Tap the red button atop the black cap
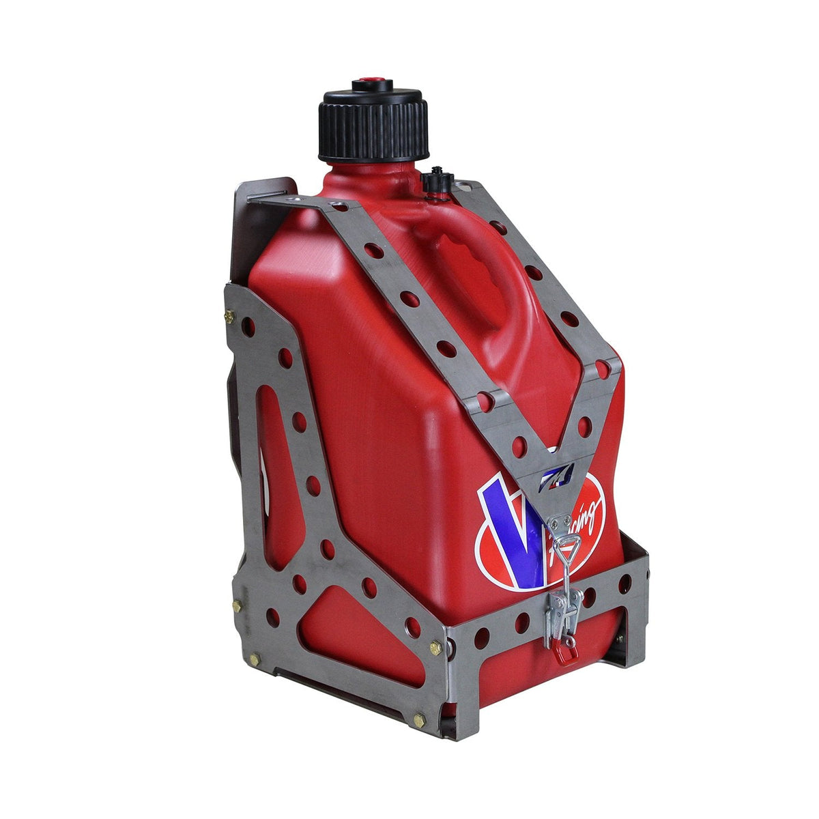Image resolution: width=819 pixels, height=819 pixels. [x=372, y=86]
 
